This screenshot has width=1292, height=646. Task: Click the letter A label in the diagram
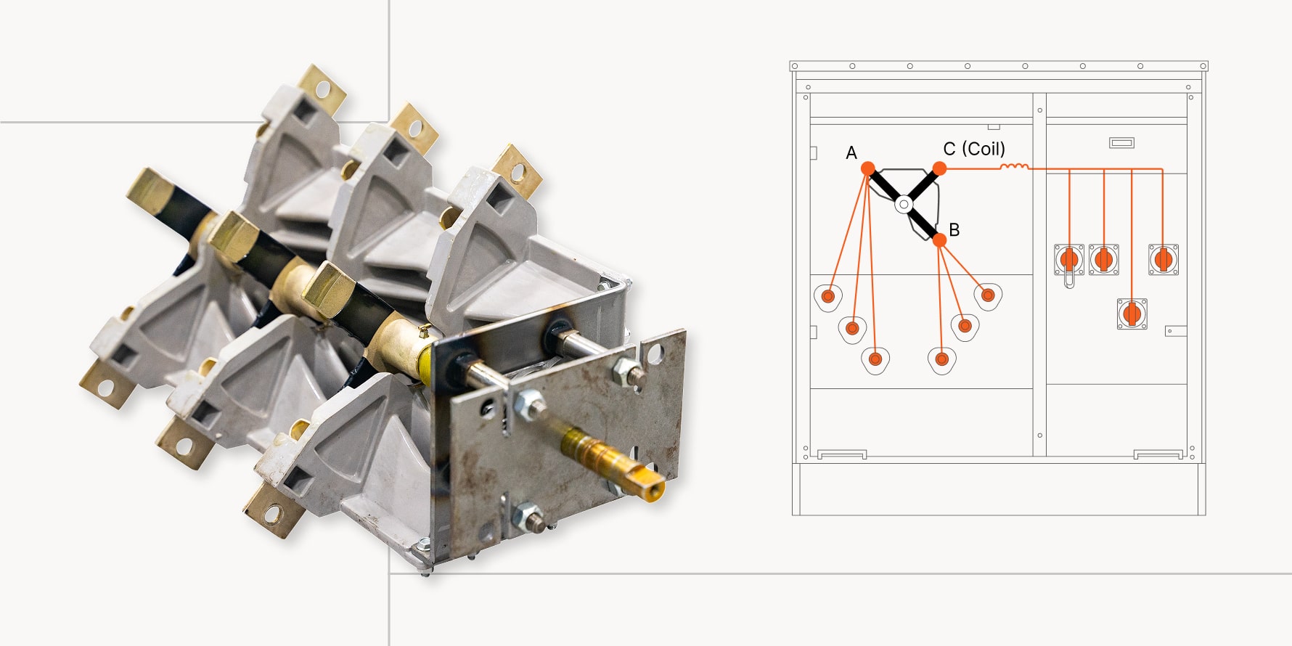851,153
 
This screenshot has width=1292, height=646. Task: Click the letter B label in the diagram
954,230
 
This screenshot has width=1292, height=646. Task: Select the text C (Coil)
974,149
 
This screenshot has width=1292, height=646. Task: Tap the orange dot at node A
867,168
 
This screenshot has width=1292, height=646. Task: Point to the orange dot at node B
939,240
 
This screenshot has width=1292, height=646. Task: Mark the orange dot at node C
939,168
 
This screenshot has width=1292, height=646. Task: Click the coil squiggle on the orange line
1014,167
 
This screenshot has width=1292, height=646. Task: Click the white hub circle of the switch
904,205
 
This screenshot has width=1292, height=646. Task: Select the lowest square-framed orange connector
1132,314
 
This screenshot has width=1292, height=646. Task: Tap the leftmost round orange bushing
828,297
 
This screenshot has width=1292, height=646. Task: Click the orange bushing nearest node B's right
987,295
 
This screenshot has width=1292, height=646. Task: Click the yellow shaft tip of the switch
655,490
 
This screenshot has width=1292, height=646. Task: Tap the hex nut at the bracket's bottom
528,517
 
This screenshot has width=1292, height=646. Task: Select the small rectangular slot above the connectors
1121,143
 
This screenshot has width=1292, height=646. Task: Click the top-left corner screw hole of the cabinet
795,66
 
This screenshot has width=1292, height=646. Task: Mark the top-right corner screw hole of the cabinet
1203,66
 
